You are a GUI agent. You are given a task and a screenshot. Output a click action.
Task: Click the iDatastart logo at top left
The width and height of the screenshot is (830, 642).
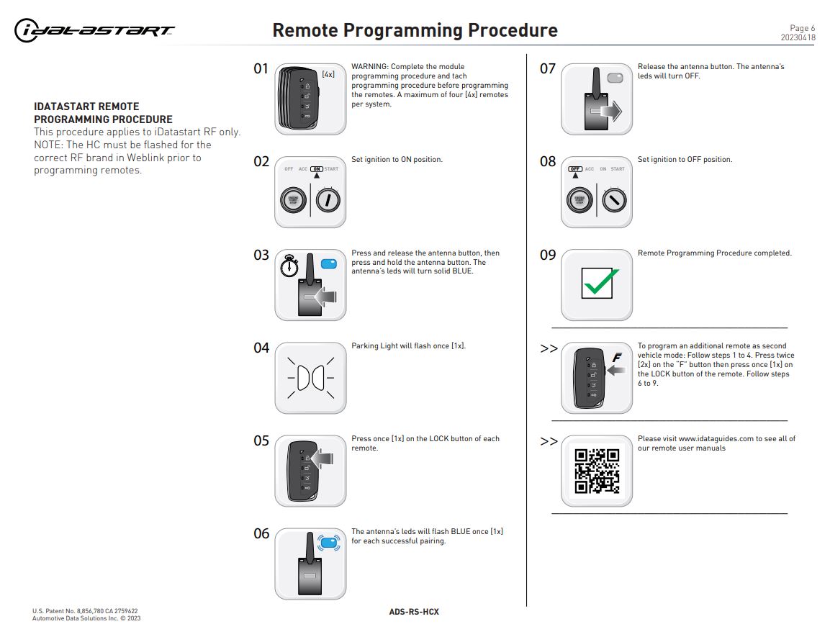click(94, 30)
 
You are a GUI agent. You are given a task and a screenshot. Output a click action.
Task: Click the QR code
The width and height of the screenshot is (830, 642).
click(597, 471)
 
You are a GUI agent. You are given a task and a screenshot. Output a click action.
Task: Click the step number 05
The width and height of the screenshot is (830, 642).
click(261, 440)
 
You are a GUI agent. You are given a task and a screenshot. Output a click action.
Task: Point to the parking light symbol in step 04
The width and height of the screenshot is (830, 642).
click(310, 378)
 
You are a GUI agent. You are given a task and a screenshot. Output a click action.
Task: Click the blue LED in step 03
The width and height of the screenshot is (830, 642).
click(329, 264)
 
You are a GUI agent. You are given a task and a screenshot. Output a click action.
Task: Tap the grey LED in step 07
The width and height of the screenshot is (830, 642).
click(615, 77)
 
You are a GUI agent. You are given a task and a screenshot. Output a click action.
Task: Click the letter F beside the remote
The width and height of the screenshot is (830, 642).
click(616, 357)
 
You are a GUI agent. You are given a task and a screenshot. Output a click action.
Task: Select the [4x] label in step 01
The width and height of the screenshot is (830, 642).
click(328, 73)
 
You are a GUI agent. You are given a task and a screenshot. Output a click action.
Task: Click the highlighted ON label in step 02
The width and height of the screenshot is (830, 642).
click(317, 169)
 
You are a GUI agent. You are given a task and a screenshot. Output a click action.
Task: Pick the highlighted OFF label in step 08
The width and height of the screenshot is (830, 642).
click(574, 169)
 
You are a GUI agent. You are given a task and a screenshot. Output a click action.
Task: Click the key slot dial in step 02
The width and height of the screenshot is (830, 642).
click(328, 199)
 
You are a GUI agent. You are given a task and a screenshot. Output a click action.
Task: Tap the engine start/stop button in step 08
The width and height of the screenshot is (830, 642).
click(581, 199)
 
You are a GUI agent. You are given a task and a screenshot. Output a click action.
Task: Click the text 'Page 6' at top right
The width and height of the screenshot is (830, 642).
click(803, 28)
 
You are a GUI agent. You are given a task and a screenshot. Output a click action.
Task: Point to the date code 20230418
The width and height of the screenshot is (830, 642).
click(798, 37)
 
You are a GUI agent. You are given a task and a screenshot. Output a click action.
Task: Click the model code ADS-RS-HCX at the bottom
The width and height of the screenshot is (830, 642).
click(414, 612)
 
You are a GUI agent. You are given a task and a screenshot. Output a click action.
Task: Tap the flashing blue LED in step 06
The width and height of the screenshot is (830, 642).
click(328, 543)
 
